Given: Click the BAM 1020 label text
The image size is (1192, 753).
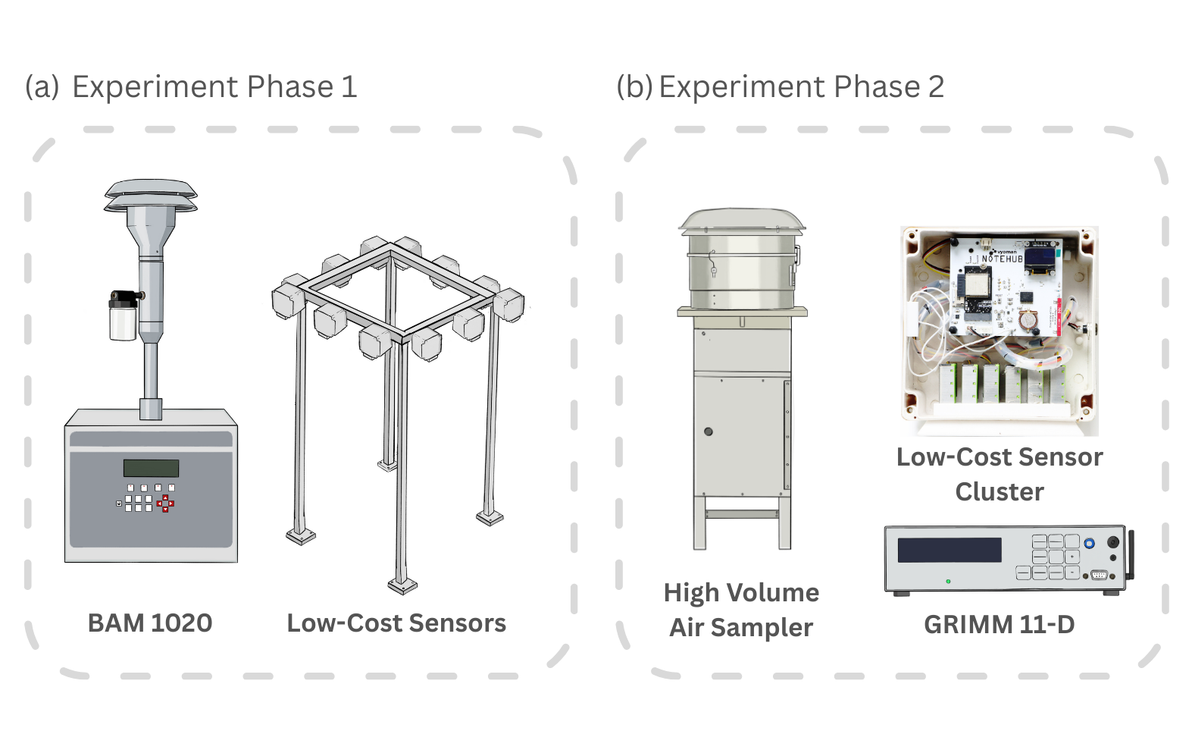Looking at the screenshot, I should coord(150,623).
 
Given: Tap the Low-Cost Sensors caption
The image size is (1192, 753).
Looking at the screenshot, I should coord(396,623).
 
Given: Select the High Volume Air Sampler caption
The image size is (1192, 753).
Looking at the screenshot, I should coord(741,610).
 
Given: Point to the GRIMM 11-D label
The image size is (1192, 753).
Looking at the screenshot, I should coord(999,625).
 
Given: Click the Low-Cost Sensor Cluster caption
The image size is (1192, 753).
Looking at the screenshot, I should coord(999,474).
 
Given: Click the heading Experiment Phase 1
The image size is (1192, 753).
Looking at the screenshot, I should coord(214,87).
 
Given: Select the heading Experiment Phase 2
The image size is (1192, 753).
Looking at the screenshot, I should coord(801,87).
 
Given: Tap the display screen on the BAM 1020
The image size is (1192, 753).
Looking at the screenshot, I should coord(151,468).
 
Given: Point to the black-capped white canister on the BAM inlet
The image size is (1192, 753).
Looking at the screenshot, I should coord(124,316).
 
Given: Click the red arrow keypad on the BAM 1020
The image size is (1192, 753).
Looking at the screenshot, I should coord(165,504).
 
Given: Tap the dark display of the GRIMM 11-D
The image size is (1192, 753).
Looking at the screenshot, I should coord(949,550).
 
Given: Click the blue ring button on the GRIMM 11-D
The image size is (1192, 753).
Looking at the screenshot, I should coord(1089,543).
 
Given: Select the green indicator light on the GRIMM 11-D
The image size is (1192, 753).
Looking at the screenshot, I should coord(948,582).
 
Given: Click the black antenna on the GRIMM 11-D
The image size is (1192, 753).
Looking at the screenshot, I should coord(1131,554).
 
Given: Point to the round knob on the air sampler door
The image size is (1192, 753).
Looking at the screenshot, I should coord(709,431).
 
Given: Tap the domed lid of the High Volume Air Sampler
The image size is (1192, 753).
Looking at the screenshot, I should coord(742,219).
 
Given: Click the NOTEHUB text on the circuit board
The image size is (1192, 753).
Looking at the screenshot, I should coord(1002,259).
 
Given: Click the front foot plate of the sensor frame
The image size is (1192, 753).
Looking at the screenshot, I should coord(402,585).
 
